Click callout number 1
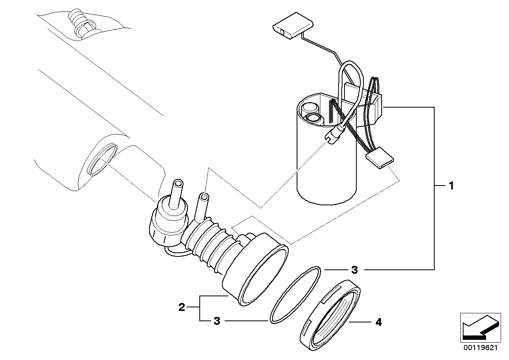[450, 186]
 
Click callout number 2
[182, 307]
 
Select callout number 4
[378, 322]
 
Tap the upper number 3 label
[354, 270]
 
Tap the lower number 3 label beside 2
[216, 321]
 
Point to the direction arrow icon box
[478, 327]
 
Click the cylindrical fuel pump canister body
[326, 166]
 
